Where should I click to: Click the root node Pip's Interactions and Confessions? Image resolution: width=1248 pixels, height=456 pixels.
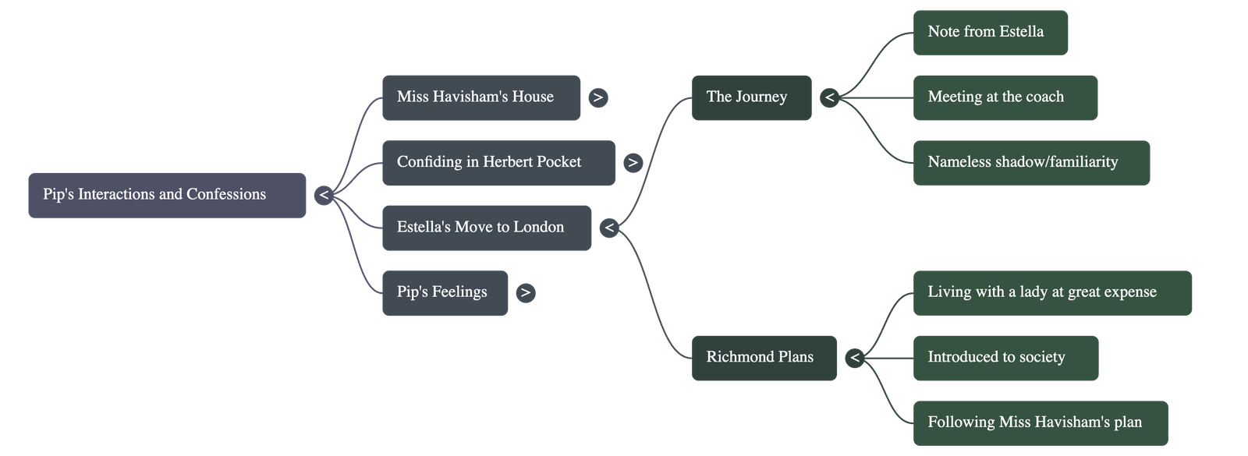pos(167,195)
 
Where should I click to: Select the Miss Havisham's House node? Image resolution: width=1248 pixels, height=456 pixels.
pos(480,97)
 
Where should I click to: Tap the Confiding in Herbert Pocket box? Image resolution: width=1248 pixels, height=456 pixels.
pos(498,162)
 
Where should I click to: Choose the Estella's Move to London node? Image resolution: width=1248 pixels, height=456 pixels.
pos(486,228)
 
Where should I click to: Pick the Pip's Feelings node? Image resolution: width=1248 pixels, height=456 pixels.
pos(444,292)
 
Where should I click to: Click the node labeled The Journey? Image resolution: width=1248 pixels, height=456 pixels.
pos(750,97)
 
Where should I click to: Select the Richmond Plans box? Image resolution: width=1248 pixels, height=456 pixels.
pos(763,358)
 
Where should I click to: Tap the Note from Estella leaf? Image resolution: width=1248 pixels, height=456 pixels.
pos(990,33)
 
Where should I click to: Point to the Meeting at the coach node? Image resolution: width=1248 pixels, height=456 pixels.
pos(1005,97)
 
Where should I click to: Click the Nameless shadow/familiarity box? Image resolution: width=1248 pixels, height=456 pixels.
pos(1030,163)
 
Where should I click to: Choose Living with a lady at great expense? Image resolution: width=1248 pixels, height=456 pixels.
pos(1051,292)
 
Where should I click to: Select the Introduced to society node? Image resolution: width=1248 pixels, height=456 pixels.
pos(1005,358)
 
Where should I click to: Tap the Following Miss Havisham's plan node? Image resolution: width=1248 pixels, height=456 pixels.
pos(1040,422)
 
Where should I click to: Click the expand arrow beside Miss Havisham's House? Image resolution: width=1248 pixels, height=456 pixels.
pos(597,97)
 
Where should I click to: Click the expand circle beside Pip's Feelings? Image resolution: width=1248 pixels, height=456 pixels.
pos(526,292)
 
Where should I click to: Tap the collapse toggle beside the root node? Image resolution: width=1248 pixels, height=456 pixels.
pos(324,195)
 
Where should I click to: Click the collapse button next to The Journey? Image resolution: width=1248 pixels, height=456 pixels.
pos(829,97)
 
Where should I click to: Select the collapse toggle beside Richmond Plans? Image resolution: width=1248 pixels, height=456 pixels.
pos(855,358)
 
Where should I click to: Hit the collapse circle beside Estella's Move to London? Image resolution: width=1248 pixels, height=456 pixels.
pos(609,228)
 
